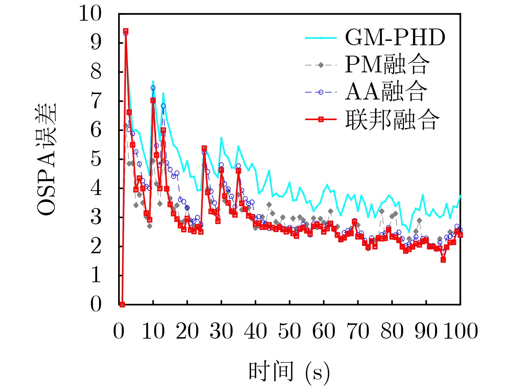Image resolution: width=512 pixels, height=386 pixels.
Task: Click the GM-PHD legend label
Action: click(395, 37)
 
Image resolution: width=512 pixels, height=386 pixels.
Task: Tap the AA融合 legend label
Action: click(386, 92)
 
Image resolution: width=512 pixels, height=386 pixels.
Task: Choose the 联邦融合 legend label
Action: click(392, 119)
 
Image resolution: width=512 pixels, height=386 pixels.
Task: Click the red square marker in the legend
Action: click(321, 119)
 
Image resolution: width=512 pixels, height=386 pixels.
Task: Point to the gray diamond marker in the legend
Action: click(321, 65)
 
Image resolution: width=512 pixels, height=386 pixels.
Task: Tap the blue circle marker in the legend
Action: click(321, 92)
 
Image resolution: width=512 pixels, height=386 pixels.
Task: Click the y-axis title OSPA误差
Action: click(47, 159)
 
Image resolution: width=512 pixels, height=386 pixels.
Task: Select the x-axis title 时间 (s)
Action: click(289, 372)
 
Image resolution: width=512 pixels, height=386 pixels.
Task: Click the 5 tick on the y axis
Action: click(96, 159)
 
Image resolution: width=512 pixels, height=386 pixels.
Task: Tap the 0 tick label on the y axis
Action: click(96, 304)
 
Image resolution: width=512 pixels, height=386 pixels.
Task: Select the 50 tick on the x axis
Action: click(289, 331)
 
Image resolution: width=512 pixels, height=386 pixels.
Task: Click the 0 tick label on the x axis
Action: click(119, 331)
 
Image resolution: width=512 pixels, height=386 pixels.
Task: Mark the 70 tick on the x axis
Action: click(358, 331)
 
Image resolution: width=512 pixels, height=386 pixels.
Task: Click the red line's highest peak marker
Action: click(126, 31)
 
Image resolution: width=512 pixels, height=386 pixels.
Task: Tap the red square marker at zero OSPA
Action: click(122, 304)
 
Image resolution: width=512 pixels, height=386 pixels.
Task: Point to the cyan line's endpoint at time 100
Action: click(460, 196)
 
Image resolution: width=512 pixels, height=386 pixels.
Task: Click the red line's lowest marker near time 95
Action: click(443, 260)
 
